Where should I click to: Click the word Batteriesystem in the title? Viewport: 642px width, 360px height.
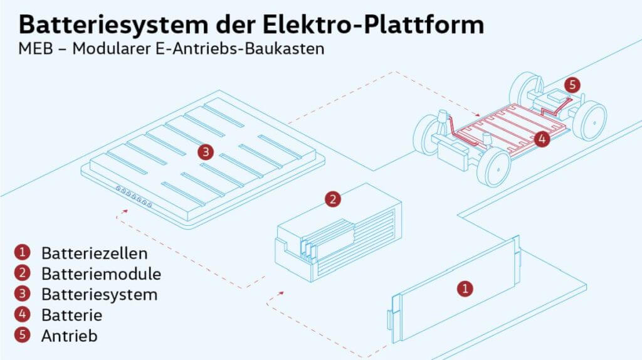click(x=113, y=25)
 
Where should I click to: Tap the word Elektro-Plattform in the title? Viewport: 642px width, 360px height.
click(x=373, y=24)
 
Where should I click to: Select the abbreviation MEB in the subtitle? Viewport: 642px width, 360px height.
click(x=36, y=49)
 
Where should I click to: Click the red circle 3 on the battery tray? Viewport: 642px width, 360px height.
click(x=206, y=152)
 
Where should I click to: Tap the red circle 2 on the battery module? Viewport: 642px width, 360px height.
click(x=333, y=199)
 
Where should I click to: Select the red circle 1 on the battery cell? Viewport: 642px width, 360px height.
click(x=465, y=289)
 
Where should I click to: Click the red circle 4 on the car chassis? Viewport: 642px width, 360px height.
click(x=542, y=139)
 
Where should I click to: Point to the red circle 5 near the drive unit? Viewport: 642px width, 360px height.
click(x=572, y=85)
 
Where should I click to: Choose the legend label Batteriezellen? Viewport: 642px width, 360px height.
click(x=95, y=253)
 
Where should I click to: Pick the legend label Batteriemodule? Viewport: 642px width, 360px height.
click(x=101, y=274)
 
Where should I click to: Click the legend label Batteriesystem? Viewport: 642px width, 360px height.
click(x=100, y=295)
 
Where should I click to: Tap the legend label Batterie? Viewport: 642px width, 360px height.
click(x=71, y=315)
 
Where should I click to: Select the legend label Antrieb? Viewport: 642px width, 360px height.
click(x=70, y=336)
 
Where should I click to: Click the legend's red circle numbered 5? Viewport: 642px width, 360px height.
click(x=22, y=334)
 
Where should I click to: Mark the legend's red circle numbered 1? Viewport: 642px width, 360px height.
click(x=22, y=252)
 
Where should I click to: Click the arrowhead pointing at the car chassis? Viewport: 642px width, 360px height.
click(x=476, y=114)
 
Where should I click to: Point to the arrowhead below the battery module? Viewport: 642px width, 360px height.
click(x=281, y=293)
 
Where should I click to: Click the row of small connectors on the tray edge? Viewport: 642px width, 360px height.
click(x=134, y=196)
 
